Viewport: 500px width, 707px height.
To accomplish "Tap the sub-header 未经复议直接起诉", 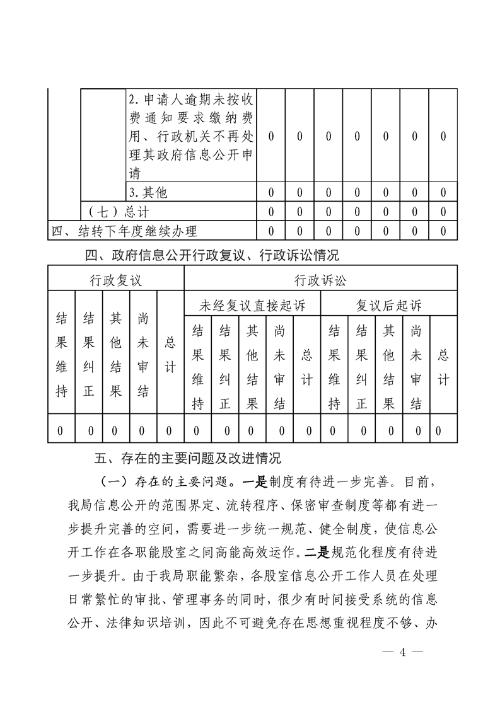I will coord(252,306).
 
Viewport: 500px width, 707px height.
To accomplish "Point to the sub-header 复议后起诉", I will coord(388,306).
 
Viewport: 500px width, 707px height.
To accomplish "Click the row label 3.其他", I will coord(148,192).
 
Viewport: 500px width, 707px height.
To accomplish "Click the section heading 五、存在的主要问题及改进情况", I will coord(195,457).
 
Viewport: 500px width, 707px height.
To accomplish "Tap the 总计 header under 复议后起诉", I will coord(443,367).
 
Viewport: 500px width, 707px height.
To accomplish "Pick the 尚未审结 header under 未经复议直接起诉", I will coord(280,367).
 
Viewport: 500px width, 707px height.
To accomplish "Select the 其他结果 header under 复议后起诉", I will coord(388,367).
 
